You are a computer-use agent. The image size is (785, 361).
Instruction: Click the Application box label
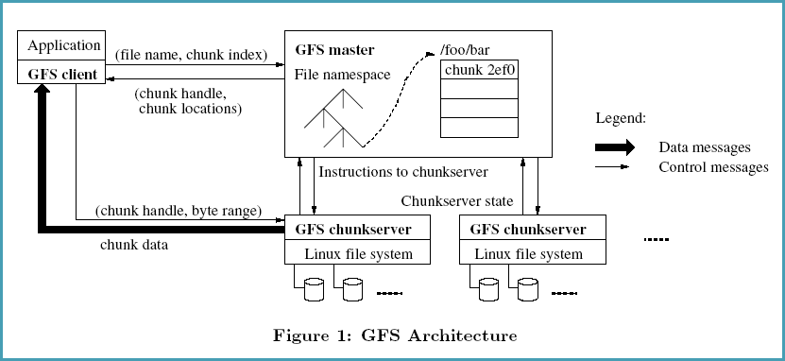[x=63, y=45]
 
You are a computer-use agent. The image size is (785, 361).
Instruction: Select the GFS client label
[x=63, y=72]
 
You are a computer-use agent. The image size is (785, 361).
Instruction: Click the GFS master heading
[x=334, y=49]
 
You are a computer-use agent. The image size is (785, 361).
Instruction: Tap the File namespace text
[x=342, y=75]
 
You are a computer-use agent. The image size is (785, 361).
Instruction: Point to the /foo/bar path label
[x=467, y=49]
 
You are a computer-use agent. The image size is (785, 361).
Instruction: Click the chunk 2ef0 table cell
[x=480, y=69]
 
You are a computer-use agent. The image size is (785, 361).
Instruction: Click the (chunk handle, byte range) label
[x=178, y=210]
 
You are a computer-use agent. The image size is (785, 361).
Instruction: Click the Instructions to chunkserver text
[x=403, y=172]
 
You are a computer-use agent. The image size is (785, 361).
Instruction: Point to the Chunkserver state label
[x=457, y=200]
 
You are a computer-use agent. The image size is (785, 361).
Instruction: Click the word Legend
[x=621, y=118]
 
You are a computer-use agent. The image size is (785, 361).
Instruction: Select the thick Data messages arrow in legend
[x=614, y=148]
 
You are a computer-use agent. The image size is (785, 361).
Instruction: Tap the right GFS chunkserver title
[x=528, y=229]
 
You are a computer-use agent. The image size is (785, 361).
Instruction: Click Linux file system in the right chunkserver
[x=528, y=253]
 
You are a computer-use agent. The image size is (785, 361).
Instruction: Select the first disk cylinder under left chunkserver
[x=314, y=289]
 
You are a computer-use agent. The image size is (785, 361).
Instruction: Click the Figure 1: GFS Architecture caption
[x=395, y=335]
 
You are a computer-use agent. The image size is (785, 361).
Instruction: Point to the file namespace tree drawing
[x=325, y=118]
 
